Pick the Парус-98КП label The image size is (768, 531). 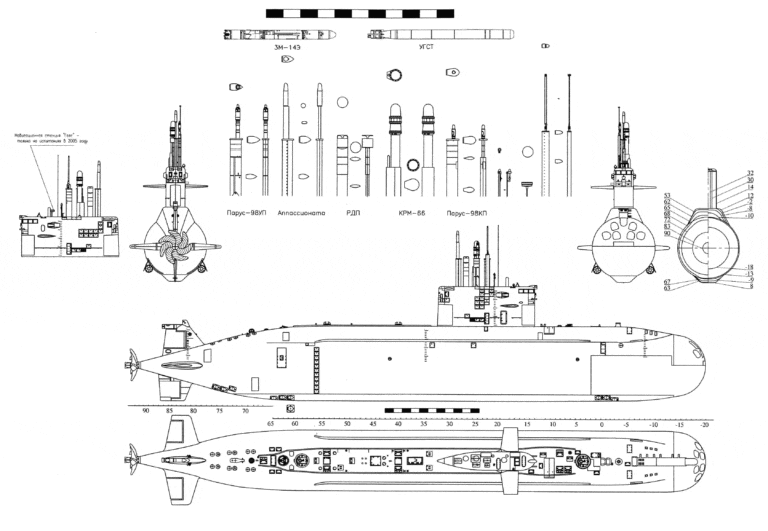tap(468, 212)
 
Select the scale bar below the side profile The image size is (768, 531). tap(431, 410)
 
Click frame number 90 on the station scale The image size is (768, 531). tap(146, 411)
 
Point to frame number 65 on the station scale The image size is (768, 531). tap(271, 424)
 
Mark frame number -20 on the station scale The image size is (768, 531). tap(705, 424)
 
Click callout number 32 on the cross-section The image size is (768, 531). tap(750, 173)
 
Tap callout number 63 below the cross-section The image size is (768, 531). tap(666, 288)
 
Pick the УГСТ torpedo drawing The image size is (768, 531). tap(440, 34)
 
